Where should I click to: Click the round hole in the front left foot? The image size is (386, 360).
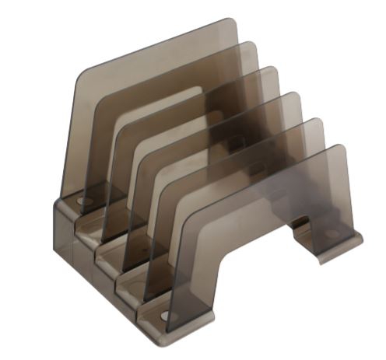[164, 316]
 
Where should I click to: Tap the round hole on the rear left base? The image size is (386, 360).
[83, 201]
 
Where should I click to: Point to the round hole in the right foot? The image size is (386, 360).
[332, 233]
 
